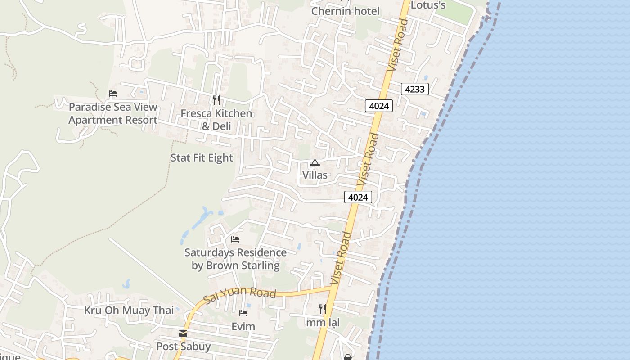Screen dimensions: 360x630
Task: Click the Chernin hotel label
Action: tap(346, 11)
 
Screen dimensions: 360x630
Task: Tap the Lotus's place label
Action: tap(428, 5)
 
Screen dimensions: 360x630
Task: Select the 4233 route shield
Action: tap(414, 89)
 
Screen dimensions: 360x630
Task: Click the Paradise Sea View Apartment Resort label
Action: tap(113, 113)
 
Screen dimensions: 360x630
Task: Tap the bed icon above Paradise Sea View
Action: tap(113, 94)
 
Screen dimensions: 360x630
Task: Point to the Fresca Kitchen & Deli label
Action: tap(216, 119)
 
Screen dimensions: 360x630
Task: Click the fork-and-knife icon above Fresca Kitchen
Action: tap(216, 100)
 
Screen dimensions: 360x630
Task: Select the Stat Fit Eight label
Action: tap(202, 158)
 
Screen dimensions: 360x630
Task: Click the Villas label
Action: tap(315, 175)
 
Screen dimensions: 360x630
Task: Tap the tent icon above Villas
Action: tap(315, 162)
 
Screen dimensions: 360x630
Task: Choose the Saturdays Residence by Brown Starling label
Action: tap(235, 259)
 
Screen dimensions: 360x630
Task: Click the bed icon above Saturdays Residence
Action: tap(235, 239)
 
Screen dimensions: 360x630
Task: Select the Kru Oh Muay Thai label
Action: tap(129, 310)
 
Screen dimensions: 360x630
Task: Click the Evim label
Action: tap(243, 326)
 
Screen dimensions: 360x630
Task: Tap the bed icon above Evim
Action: tap(243, 313)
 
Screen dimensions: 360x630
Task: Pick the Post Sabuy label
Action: tap(183, 346)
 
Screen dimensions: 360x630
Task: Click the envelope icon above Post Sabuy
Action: tap(183, 333)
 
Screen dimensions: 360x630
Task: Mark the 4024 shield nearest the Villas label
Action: tap(358, 197)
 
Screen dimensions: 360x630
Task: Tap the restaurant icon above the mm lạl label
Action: tap(323, 309)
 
